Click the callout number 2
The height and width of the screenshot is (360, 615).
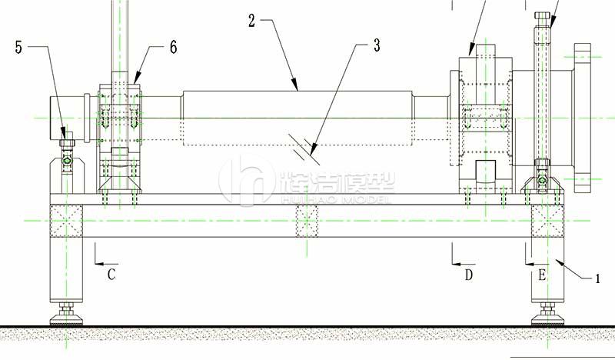[x=252, y=21]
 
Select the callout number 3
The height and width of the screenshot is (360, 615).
[x=377, y=45]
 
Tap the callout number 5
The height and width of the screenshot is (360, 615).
[x=18, y=48]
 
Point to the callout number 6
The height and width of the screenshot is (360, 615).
[x=174, y=47]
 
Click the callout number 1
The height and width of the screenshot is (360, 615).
[x=597, y=278]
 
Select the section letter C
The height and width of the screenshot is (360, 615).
[x=111, y=275]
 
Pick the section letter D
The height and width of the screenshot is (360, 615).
[x=469, y=275]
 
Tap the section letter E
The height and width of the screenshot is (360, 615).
[x=542, y=275]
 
